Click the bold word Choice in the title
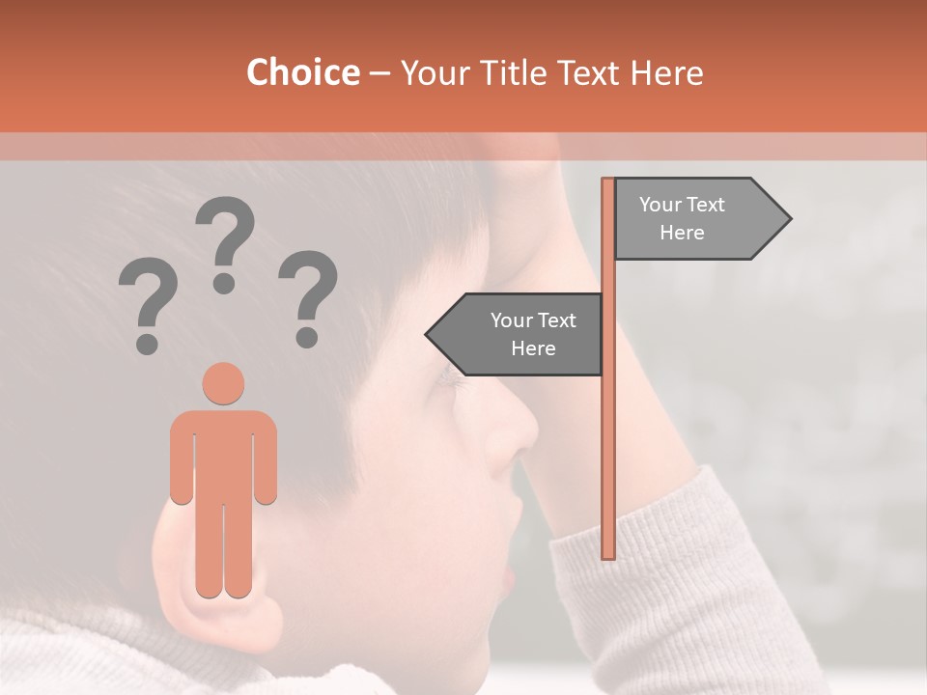click(x=302, y=72)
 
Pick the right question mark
click(x=308, y=297)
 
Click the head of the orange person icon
click(x=223, y=383)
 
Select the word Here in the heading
click(x=666, y=72)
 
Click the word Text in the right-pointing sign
click(x=705, y=205)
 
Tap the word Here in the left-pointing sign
click(x=533, y=348)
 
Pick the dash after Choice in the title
click(x=379, y=72)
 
